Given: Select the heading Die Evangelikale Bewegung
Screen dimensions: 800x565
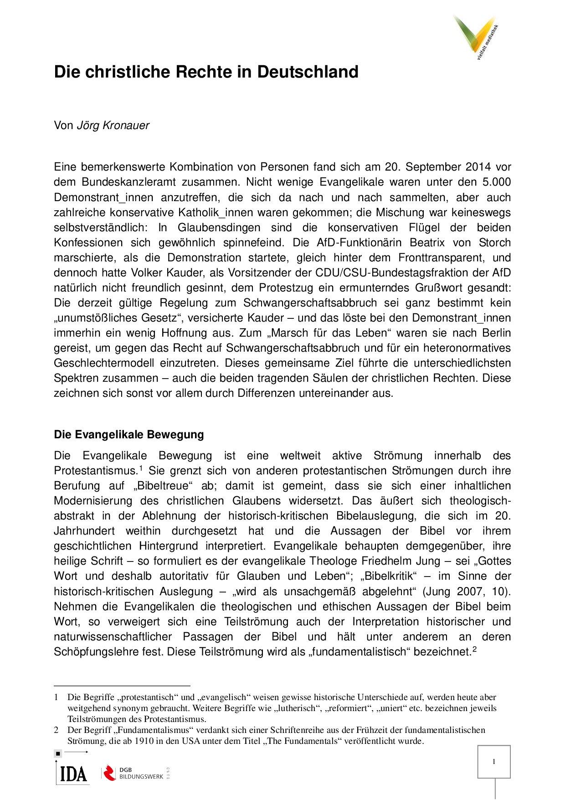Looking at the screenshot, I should (128, 434).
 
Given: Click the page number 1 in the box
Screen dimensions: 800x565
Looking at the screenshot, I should (494, 761).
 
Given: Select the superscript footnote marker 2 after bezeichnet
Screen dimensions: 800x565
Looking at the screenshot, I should (474, 649).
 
